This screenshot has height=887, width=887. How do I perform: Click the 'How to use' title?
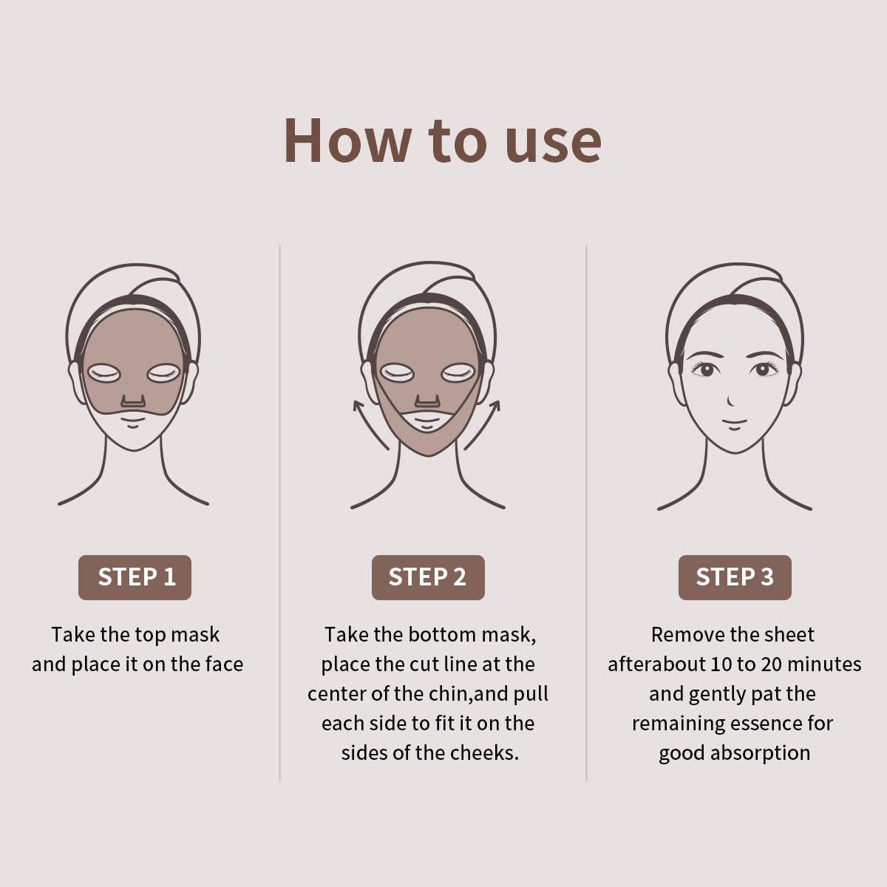click(x=442, y=140)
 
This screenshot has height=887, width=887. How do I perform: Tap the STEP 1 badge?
click(x=135, y=577)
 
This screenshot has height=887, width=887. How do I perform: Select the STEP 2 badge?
click(x=428, y=577)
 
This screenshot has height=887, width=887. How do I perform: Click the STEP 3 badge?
click(x=735, y=577)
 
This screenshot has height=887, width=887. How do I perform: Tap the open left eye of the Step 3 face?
click(x=706, y=369)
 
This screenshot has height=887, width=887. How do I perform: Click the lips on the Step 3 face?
click(x=734, y=424)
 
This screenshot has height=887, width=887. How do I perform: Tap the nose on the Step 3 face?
click(x=731, y=401)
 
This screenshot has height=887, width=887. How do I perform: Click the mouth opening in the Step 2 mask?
click(x=427, y=421)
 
